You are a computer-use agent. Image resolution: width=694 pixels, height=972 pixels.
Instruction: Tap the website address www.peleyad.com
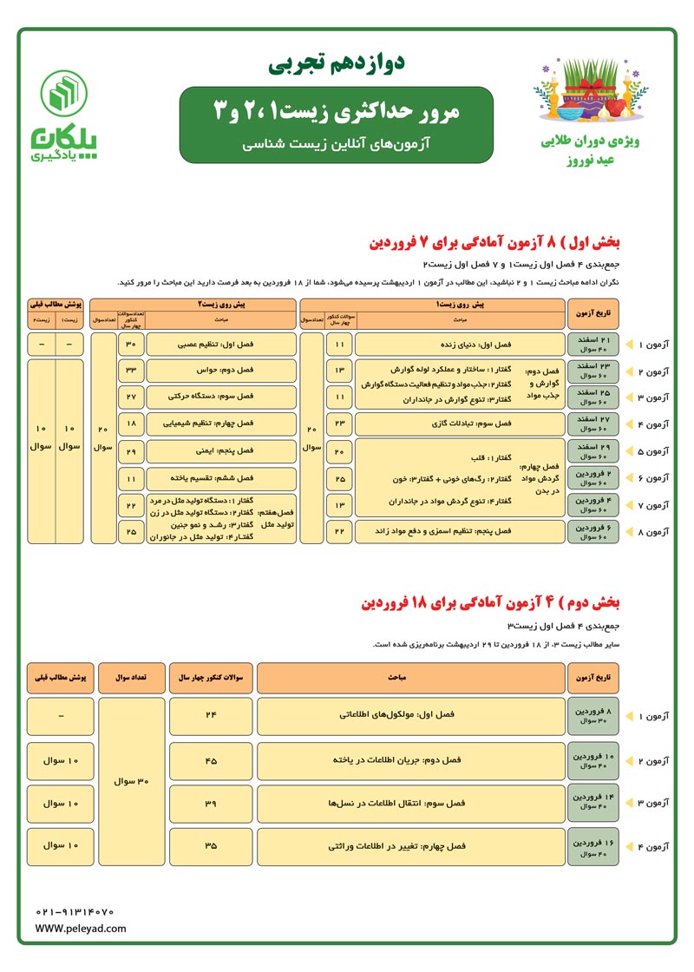[81, 929]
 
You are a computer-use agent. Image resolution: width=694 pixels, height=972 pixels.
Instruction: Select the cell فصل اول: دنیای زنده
[460, 344]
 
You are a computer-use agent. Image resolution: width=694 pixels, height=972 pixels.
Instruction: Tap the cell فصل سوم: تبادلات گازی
[460, 424]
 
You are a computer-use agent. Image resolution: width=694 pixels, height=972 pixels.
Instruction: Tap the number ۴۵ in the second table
[211, 759]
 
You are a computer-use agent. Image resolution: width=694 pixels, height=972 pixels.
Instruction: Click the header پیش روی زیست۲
[193, 305]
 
